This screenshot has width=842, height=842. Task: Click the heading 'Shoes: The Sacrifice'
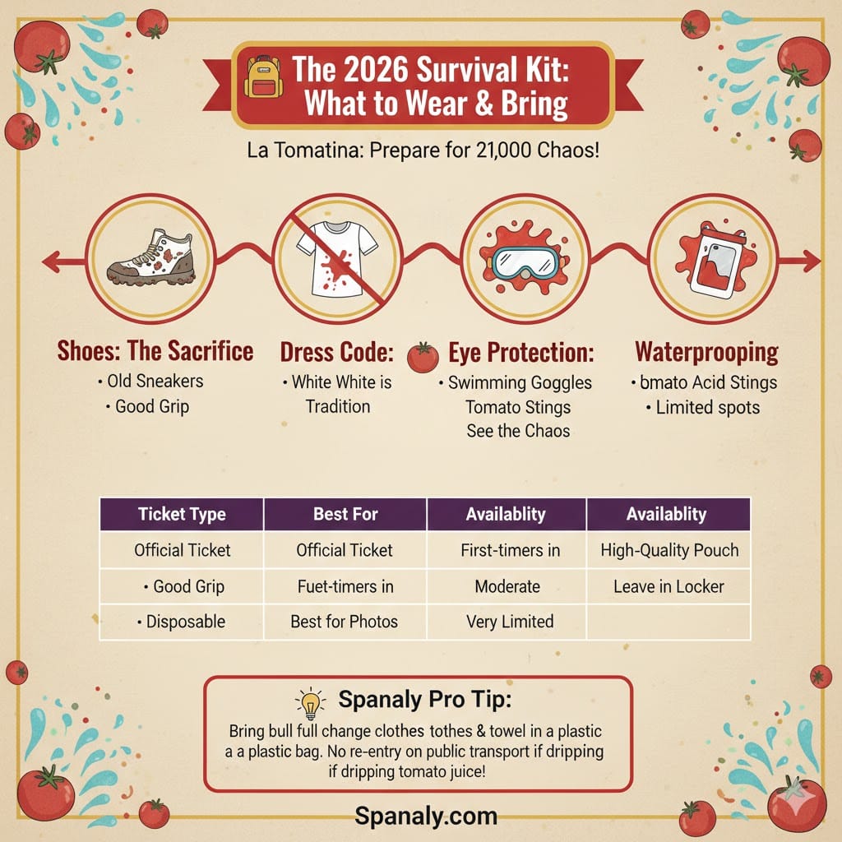(155, 352)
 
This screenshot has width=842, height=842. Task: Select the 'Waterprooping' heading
(706, 353)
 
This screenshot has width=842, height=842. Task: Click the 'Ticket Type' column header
(183, 515)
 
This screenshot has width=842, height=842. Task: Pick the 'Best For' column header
(345, 515)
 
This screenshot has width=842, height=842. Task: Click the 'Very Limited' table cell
(510, 622)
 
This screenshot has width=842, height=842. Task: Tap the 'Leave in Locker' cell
(669, 587)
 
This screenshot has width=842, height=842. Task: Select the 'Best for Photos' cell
(345, 622)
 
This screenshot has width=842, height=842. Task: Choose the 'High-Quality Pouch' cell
(669, 551)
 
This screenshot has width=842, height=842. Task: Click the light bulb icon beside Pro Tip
(310, 705)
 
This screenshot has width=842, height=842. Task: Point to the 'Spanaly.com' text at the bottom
(426, 816)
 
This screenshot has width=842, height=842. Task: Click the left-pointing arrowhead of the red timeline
(49, 261)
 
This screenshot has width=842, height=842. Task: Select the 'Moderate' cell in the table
(507, 587)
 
